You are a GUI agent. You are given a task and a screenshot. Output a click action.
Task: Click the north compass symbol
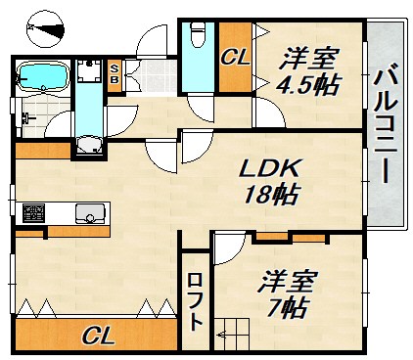pyautogui.click(x=45, y=29)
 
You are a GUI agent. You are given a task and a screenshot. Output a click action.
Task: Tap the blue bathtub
pyautogui.click(x=43, y=76)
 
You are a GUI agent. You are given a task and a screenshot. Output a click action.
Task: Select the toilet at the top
pyautogui.click(x=197, y=33)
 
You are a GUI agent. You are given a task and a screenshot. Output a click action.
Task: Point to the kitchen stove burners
pyautogui.click(x=33, y=213)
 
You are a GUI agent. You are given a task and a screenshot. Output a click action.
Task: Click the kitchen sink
pyautogui.click(x=90, y=213)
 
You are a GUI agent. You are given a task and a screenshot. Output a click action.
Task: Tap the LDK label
pyautogui.click(x=268, y=168)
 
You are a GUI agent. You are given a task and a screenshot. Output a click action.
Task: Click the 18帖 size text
pyautogui.click(x=270, y=195)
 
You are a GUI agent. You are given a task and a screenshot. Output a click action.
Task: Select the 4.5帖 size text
pyautogui.click(x=308, y=84)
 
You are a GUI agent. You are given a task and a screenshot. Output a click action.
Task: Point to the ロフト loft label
pyautogui.click(x=195, y=302)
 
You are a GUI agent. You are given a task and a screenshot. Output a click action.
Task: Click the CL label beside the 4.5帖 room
pyautogui.click(x=235, y=58)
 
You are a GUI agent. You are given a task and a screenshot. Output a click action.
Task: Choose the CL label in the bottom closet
pyautogui.click(x=98, y=336)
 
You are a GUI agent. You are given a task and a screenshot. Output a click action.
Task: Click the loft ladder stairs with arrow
pyautogui.click(x=232, y=335)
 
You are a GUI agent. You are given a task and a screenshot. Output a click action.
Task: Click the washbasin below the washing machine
pyautogui.click(x=89, y=145)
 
